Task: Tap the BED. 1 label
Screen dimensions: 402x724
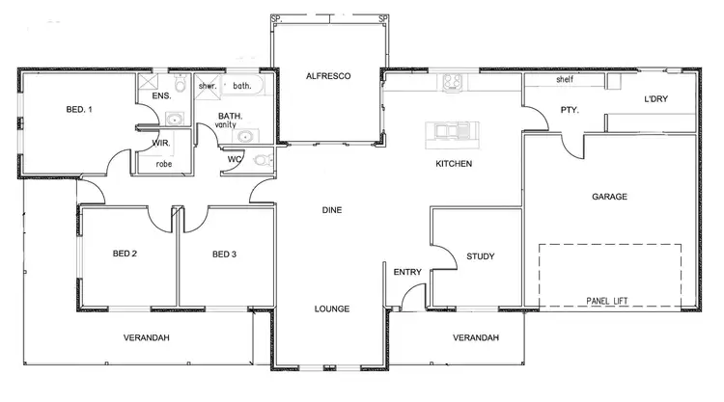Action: tap(79, 110)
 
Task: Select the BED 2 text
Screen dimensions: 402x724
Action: tap(125, 255)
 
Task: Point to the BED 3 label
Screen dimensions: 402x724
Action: tap(224, 255)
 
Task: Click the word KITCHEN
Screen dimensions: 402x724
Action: tap(454, 165)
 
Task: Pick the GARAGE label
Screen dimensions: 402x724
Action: tap(609, 197)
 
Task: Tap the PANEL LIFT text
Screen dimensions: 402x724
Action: tap(607, 302)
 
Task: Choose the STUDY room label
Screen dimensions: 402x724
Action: tap(480, 257)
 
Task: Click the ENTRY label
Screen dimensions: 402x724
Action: tap(406, 273)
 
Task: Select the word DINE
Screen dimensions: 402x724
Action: tap(331, 210)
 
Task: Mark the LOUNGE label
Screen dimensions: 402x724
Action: tap(331, 308)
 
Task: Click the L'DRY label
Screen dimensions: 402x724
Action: tap(656, 99)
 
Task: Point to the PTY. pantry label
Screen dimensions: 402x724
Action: tap(570, 111)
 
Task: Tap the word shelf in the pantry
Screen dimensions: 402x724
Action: tap(565, 81)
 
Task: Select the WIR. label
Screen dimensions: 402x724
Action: tap(161, 144)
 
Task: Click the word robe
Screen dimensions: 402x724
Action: tap(164, 164)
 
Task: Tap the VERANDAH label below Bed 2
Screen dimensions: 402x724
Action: tap(147, 338)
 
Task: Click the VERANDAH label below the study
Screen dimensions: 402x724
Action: tap(476, 338)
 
